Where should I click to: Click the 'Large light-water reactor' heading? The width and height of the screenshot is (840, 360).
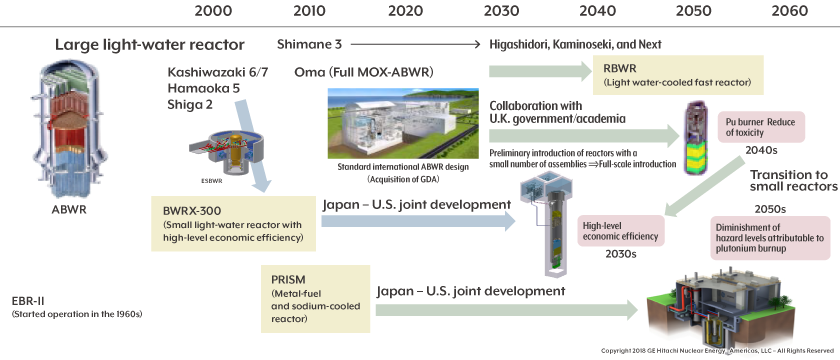[x=149, y=45]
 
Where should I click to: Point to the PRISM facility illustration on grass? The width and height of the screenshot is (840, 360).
[x=729, y=304]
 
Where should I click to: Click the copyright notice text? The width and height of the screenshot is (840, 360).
[x=717, y=351]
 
